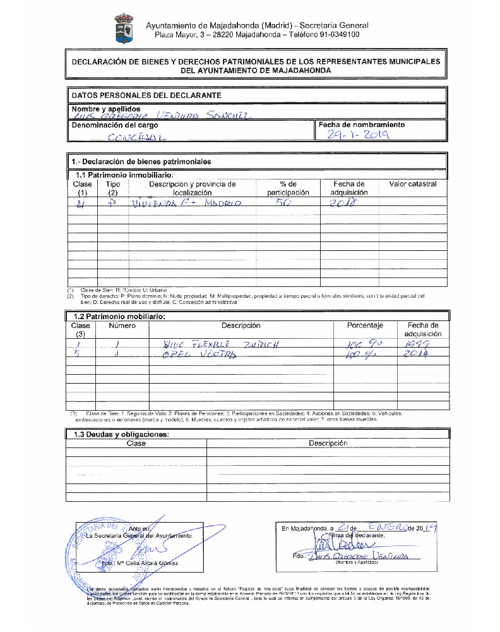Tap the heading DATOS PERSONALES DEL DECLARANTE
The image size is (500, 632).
146,95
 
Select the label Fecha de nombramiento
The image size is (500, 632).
362,125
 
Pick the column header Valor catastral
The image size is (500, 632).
412,184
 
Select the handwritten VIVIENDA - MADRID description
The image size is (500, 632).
186,204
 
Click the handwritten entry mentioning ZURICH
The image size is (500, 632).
220,344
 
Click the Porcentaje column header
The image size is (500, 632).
365,326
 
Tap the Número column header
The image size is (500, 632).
122,326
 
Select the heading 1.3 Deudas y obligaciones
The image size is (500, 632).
121,434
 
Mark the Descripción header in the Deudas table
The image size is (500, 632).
328,444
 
